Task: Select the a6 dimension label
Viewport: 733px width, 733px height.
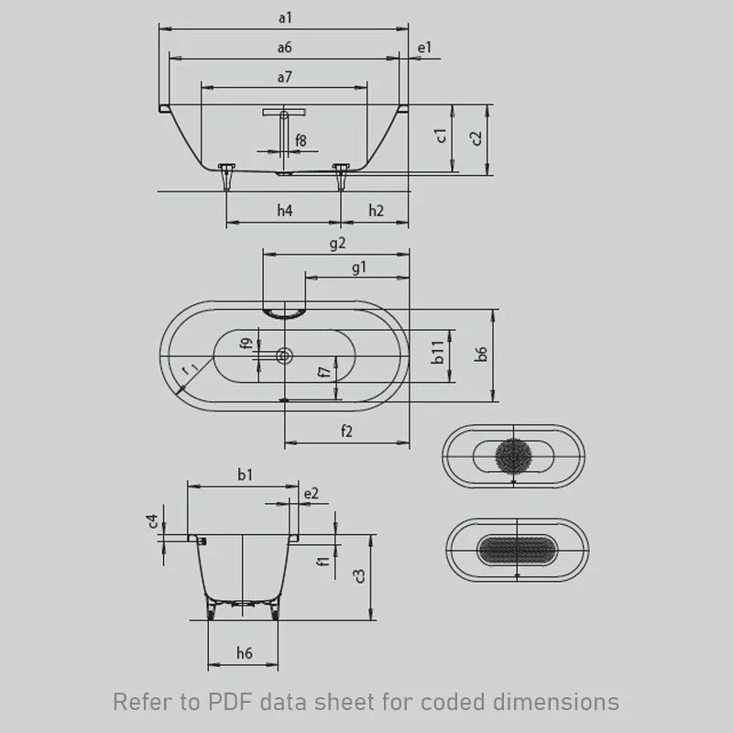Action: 284,47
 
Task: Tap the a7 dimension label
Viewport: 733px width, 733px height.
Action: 284,77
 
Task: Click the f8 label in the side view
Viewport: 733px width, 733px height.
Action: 301,140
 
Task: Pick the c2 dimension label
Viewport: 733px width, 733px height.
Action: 475,137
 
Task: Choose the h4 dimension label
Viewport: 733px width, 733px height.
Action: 285,211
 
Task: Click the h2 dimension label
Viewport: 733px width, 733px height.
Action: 376,211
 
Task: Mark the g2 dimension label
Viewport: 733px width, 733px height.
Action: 336,243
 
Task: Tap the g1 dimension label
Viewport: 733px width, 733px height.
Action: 358,267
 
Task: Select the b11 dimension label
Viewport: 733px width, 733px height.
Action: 439,353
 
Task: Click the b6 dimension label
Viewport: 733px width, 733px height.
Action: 482,354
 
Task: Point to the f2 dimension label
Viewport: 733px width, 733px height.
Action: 346,432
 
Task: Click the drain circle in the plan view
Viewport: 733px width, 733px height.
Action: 285,356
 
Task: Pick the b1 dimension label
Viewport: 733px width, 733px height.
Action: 245,474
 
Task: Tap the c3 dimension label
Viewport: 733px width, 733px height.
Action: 360,575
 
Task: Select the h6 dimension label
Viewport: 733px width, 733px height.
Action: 244,652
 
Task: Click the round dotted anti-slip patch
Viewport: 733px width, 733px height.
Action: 514,455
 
